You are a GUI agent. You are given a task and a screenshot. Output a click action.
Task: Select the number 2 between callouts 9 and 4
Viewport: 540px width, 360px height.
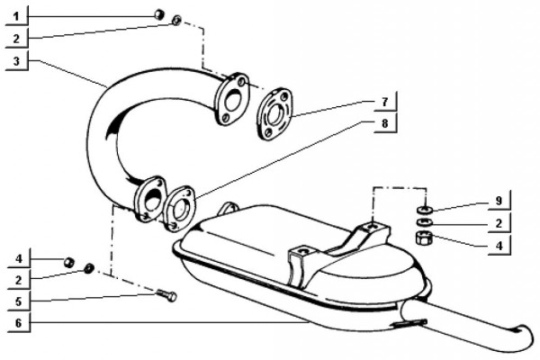(x=498, y=221)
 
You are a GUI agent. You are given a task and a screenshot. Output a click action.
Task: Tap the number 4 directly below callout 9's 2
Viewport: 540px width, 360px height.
(x=498, y=243)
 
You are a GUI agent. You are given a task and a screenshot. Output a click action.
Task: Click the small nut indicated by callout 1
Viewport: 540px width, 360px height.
(x=158, y=14)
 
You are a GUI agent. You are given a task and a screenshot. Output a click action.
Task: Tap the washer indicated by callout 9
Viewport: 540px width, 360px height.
(x=425, y=209)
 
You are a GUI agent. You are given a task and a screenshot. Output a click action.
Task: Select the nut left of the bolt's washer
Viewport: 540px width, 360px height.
(x=67, y=262)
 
